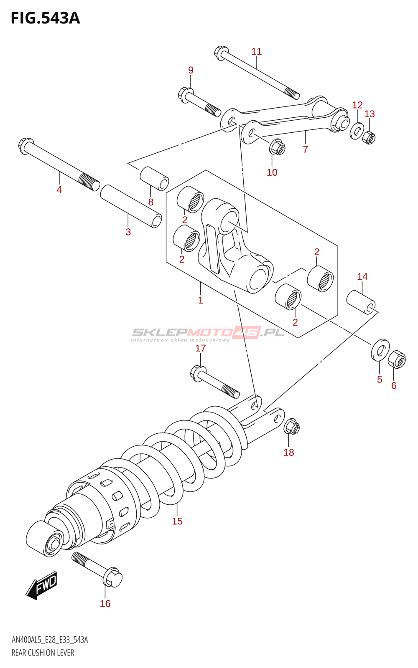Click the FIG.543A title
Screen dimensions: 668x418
pyautogui.click(x=45, y=18)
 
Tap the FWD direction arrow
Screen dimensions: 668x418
pyautogui.click(x=42, y=585)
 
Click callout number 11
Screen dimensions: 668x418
pyautogui.click(x=257, y=51)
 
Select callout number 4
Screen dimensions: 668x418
pyautogui.click(x=59, y=190)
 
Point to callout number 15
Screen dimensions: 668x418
pyautogui.click(x=177, y=521)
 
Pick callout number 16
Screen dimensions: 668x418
pyautogui.click(x=105, y=603)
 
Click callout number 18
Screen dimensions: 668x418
pyautogui.click(x=289, y=452)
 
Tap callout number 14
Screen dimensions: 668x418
pyautogui.click(x=362, y=276)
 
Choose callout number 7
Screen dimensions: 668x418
pyautogui.click(x=306, y=149)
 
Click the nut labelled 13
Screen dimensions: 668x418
pyautogui.click(x=369, y=137)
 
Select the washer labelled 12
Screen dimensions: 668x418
pyautogui.click(x=357, y=131)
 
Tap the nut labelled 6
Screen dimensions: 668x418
pyautogui.click(x=397, y=360)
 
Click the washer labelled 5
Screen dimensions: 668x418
pyautogui.click(x=380, y=349)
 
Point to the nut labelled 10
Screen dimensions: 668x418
pyautogui.click(x=277, y=147)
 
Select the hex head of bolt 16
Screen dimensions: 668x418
pyautogui.click(x=112, y=578)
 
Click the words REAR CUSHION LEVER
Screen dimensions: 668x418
pyautogui.click(x=43, y=653)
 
